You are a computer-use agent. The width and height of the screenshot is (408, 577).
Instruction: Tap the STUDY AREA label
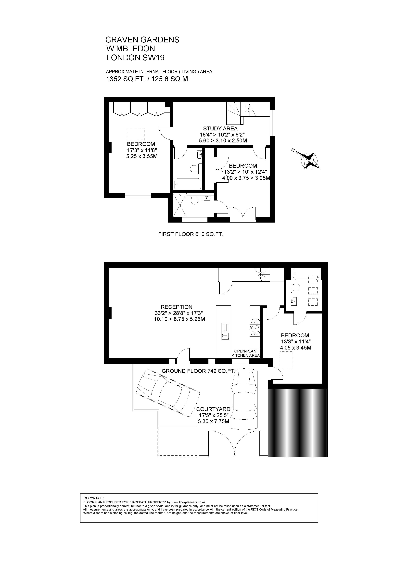[220, 129]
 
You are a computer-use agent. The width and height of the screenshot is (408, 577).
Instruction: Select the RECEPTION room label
[177, 307]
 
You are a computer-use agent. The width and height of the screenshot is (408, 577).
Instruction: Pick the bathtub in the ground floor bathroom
[306, 273]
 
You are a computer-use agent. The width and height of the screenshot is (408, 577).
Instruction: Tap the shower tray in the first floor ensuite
[180, 205]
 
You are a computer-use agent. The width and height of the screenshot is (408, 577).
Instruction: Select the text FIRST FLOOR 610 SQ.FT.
[191, 234]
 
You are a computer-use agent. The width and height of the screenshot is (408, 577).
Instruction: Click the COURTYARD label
[213, 409]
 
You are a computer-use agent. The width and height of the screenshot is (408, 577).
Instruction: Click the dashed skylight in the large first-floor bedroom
[136, 134]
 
